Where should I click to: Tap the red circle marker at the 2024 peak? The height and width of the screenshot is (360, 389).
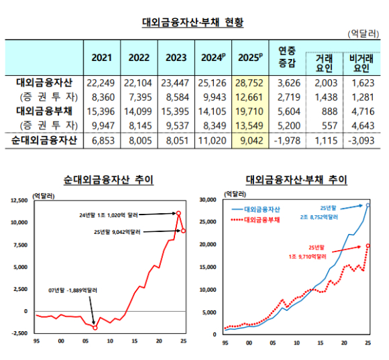pos(179,214)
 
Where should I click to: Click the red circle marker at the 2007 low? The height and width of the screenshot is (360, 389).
pos(95,328)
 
